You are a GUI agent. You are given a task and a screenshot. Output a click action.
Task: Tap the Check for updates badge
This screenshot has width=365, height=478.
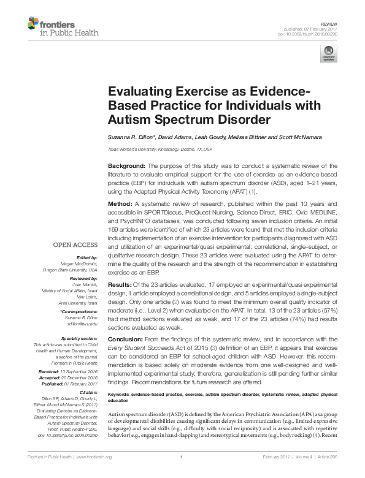(x=329, y=54)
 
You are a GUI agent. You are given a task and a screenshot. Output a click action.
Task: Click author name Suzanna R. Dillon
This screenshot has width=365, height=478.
(x=131, y=137)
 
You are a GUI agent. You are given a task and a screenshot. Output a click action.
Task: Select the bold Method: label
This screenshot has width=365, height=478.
(x=121, y=203)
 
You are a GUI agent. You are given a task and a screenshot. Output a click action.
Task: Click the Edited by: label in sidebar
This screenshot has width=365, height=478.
(x=87, y=257)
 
